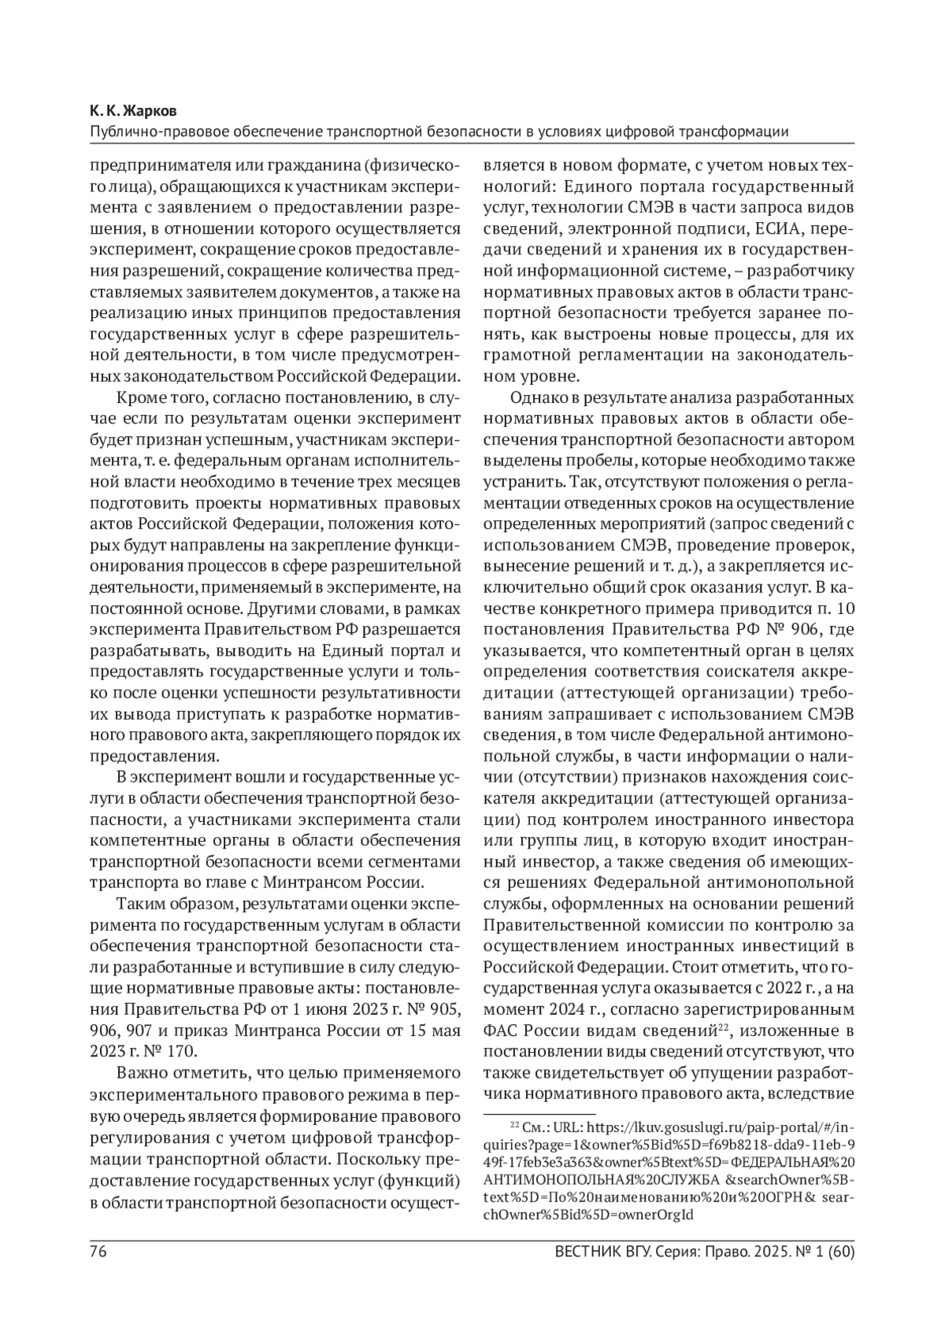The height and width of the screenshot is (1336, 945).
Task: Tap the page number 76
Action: coord(98,1252)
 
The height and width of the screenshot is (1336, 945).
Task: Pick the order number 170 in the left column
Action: coord(181,1051)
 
